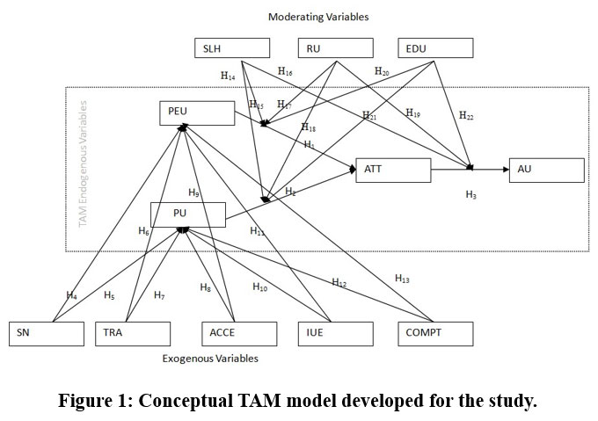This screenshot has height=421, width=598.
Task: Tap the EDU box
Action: point(436,48)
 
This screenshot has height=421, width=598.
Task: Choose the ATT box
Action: point(393,170)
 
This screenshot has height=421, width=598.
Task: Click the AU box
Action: point(546,170)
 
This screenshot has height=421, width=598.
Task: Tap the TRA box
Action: point(133,333)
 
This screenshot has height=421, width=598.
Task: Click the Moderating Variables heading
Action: point(318,17)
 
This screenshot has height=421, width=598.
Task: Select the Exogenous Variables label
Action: point(210,359)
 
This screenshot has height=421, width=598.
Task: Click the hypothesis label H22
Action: point(466,115)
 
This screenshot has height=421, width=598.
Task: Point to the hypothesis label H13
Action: point(402,279)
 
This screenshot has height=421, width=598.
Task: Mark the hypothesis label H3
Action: point(471,195)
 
